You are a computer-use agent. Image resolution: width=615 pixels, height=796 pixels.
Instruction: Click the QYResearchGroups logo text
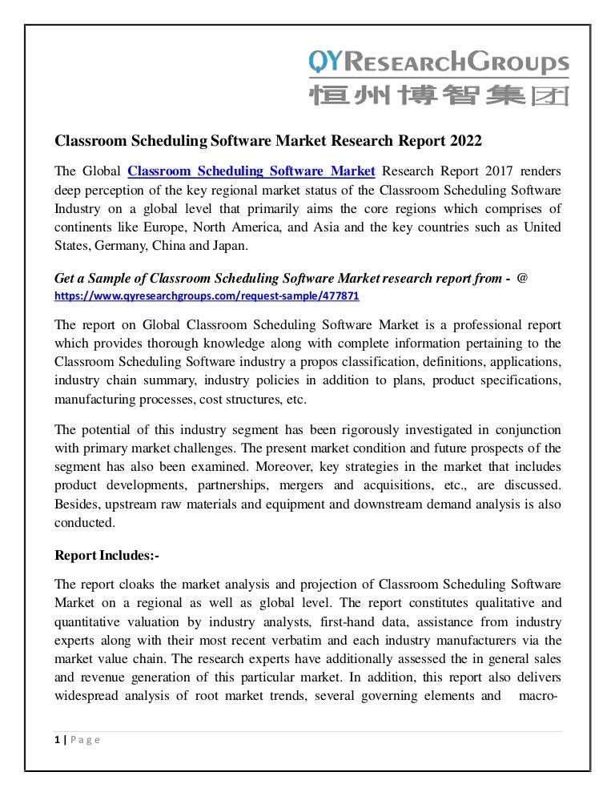439,62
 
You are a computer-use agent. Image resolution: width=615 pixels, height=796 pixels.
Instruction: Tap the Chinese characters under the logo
439,96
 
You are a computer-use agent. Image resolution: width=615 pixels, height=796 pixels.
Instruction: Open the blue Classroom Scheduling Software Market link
251,171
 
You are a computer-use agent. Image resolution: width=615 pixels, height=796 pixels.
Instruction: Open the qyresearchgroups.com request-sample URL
207,295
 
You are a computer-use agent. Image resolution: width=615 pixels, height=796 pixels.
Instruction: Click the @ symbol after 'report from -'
522,278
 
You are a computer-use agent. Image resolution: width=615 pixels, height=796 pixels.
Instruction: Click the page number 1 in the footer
57,739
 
